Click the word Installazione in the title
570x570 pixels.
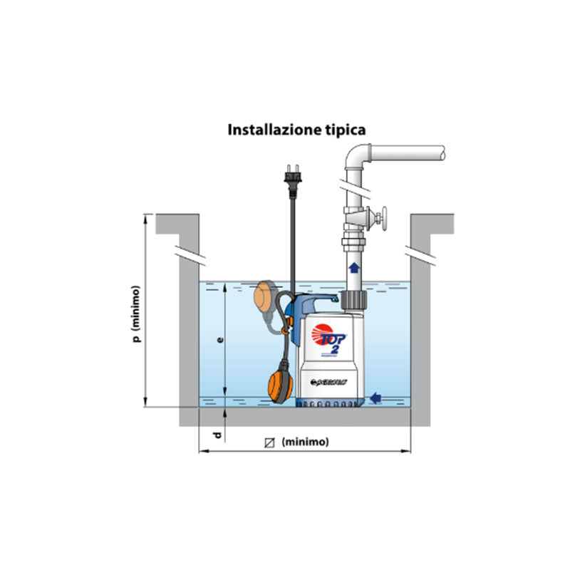point(269,130)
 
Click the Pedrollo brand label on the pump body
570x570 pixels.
point(330,383)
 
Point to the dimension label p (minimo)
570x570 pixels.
point(136,313)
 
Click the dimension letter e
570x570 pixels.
point(220,341)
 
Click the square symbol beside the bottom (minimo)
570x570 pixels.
point(269,442)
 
